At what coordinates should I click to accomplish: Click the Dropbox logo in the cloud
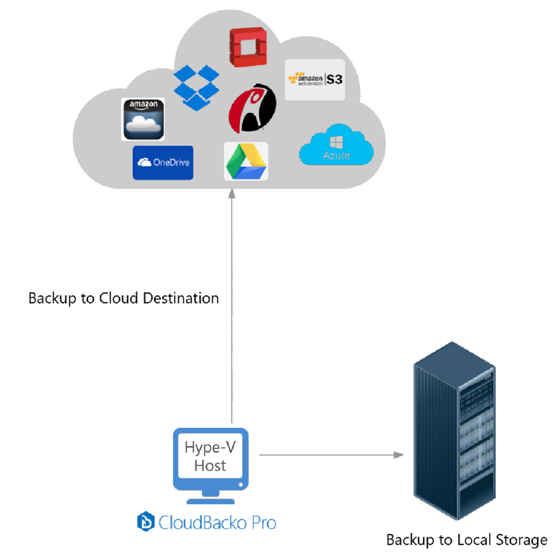click(196, 88)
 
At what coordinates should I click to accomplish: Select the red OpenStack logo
click(248, 47)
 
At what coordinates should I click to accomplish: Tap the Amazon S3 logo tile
click(315, 80)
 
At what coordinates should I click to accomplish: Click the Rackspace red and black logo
click(252, 109)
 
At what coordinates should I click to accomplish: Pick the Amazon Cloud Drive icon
click(143, 119)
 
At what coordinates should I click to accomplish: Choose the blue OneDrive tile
click(163, 162)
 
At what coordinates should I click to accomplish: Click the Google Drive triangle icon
click(246, 162)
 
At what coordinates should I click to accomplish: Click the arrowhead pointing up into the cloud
click(232, 193)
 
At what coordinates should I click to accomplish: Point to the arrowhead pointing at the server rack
click(398, 455)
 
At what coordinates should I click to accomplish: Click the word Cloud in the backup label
click(119, 298)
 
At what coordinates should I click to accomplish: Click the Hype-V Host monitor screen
click(210, 456)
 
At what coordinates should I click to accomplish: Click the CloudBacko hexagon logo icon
click(146, 522)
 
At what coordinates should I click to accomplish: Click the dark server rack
click(454, 430)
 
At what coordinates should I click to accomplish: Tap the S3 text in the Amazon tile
click(334, 79)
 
